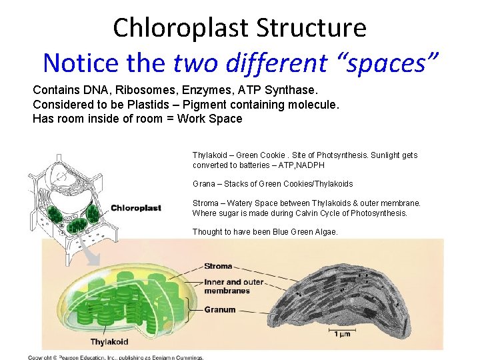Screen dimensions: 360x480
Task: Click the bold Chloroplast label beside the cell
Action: tap(136, 208)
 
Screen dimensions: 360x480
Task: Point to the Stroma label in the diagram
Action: tap(218, 266)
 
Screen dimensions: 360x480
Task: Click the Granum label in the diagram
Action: tap(219, 309)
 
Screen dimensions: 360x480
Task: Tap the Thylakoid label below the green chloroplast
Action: tap(109, 342)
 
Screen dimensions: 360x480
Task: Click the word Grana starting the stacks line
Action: tap(204, 183)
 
